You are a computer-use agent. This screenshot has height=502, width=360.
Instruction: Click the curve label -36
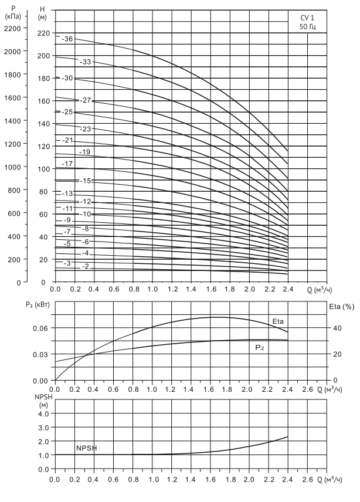coord(67,39)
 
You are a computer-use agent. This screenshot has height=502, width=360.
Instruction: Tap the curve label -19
coord(85,152)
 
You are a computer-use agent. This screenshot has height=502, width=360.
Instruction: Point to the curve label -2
coord(85,266)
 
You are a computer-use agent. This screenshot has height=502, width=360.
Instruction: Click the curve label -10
coord(86,215)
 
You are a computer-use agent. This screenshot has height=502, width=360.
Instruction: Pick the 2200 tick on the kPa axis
coord(11,28)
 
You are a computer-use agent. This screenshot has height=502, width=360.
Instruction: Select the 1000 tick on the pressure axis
coord(11,167)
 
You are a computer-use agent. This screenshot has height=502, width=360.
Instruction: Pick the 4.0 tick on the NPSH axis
coord(42,413)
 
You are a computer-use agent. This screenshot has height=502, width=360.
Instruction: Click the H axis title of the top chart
coord(42,9)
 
